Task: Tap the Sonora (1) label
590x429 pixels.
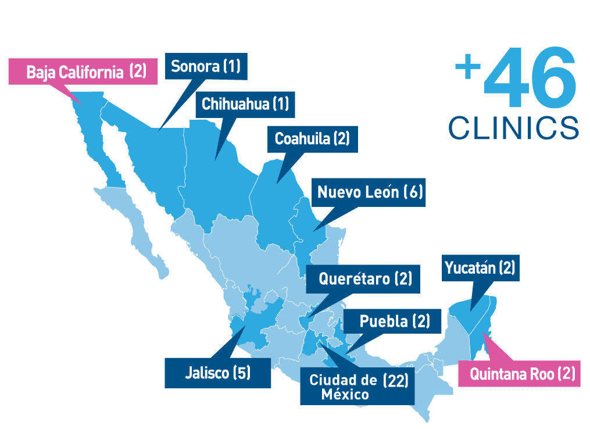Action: click(206, 66)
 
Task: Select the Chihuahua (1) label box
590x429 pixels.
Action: click(244, 104)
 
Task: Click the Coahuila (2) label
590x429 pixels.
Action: click(312, 139)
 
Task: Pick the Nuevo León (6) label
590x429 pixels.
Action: click(369, 192)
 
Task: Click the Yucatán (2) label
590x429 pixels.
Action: click(479, 268)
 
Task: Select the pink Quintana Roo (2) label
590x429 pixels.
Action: click(519, 374)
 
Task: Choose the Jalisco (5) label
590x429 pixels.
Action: click(217, 373)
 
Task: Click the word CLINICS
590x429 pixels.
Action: click(514, 127)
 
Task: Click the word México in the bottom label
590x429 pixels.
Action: click(344, 395)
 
